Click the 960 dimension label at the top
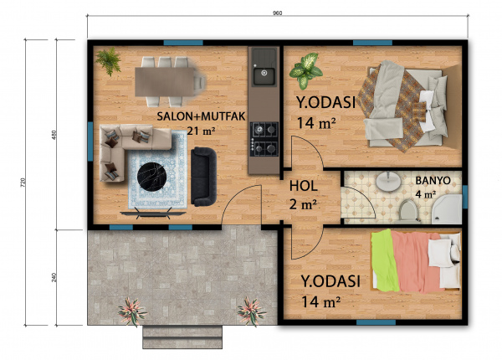[277, 13]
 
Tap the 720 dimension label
[23, 183]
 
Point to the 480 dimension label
[54, 135]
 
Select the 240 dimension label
[54, 277]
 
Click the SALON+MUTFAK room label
[201, 116]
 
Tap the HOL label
[304, 186]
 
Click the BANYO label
[433, 181]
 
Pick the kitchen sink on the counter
[264, 76]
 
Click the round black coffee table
[152, 177]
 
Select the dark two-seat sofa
[203, 177]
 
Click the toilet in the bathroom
[408, 211]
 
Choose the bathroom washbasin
[388, 182]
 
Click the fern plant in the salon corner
[109, 61]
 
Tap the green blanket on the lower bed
[386, 261]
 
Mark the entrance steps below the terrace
[182, 337]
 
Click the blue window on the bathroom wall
[465, 197]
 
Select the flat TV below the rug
[153, 213]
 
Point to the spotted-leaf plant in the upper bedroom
[305, 71]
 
